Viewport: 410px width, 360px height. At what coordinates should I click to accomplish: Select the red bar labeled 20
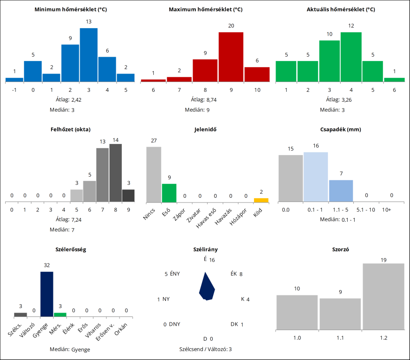(x=231, y=57)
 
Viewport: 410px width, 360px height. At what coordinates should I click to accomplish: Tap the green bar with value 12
(x=351, y=57)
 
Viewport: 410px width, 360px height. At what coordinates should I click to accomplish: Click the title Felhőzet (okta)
(x=70, y=129)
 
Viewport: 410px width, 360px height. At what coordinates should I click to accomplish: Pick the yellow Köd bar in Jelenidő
(x=261, y=200)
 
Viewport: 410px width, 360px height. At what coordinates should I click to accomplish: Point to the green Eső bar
(x=169, y=193)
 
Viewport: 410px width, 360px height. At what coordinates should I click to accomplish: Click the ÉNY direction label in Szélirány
(x=175, y=274)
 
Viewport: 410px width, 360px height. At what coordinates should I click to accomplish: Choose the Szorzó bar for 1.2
(x=383, y=296)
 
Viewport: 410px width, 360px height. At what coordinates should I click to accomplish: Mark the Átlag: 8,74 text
(x=205, y=100)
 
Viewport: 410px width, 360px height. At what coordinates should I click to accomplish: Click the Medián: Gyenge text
(x=70, y=349)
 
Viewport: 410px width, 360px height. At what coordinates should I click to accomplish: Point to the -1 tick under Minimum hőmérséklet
(x=14, y=89)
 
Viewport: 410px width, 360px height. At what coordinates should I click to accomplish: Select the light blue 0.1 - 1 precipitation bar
(x=316, y=177)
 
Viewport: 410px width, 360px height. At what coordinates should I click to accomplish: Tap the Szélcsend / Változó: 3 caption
(x=205, y=349)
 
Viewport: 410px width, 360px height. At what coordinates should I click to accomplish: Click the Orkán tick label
(x=121, y=327)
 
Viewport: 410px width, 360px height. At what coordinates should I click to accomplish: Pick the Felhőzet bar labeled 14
(x=115, y=173)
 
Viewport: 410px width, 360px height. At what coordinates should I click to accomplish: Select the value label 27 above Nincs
(x=154, y=140)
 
